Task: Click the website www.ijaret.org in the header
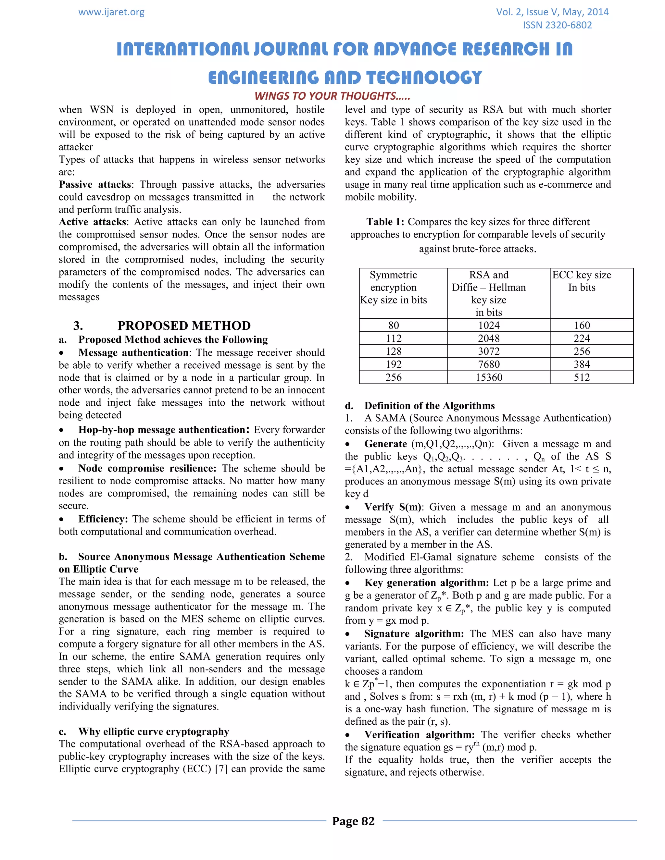pyautogui.click(x=111, y=12)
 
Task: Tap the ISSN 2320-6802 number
pyautogui.click(x=557, y=25)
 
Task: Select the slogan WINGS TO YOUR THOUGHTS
pyautogui.click(x=332, y=96)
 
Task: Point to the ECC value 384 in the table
pyautogui.click(x=582, y=364)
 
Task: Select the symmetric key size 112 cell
pyautogui.click(x=393, y=338)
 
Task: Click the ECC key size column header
pyautogui.click(x=582, y=281)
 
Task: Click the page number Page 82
pyautogui.click(x=353, y=821)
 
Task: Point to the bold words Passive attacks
pyautogui.click(x=95, y=185)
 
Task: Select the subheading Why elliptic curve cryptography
pyautogui.click(x=154, y=731)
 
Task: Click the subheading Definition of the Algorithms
pyautogui.click(x=429, y=406)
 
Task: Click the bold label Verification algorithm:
pyautogui.click(x=420, y=735)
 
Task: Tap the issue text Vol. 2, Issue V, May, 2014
pyautogui.click(x=552, y=12)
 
